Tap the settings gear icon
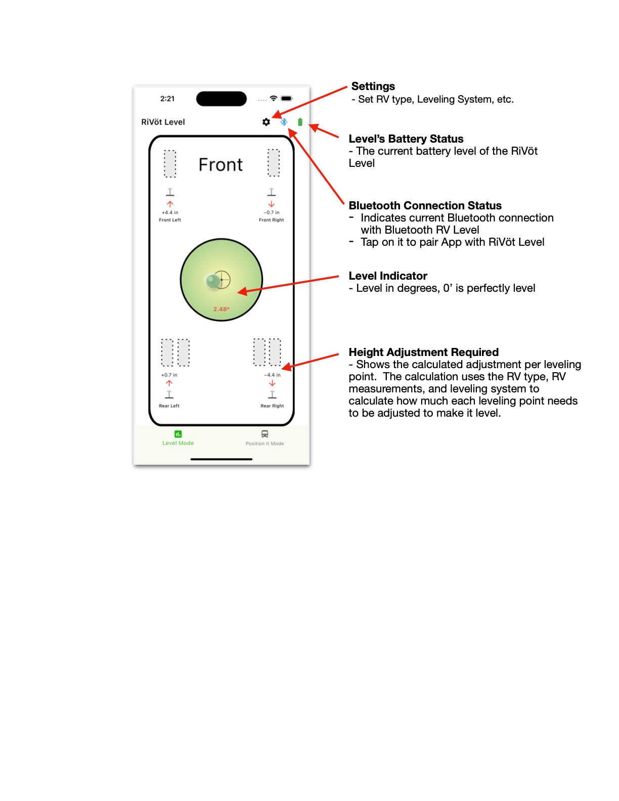point(266,122)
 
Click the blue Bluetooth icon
point(284,122)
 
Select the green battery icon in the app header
point(300,122)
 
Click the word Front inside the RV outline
point(220,165)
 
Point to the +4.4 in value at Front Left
point(170,212)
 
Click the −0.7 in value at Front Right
point(272,212)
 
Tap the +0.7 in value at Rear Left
point(169,375)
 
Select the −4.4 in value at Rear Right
point(272,375)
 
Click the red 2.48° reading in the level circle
point(222,309)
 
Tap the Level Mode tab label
point(178,443)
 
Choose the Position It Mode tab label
point(264,443)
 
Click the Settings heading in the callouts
point(373,86)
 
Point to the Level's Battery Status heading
point(406,139)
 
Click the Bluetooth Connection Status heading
point(425,206)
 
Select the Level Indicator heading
point(388,276)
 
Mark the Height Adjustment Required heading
point(423,352)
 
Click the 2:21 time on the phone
point(167,99)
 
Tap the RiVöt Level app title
point(163,122)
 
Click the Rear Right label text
point(272,406)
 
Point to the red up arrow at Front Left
point(170,204)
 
